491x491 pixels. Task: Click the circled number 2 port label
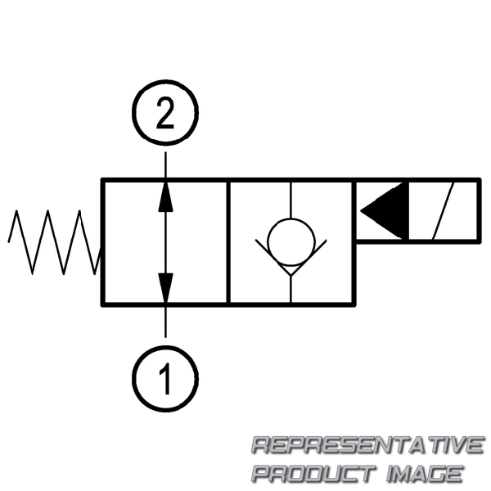point(165,113)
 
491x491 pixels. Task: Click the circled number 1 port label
point(165,379)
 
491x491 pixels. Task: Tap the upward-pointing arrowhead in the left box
point(165,196)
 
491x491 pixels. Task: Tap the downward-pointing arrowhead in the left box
point(165,288)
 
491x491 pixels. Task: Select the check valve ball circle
point(291,242)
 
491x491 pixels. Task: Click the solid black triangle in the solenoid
point(385,211)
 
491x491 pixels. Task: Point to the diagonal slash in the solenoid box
point(443,211)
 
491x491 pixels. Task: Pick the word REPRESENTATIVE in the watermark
point(368,445)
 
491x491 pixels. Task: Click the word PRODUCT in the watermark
point(314,474)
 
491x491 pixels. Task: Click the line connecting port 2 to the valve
point(165,165)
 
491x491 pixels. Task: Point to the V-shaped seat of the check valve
point(291,258)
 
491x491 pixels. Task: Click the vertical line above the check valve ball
point(291,200)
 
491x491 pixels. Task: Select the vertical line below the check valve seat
point(291,290)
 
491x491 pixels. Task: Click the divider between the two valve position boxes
point(228,242)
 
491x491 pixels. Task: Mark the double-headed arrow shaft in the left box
point(165,242)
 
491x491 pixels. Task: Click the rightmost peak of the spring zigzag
point(80,211)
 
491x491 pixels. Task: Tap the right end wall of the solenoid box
point(479,211)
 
